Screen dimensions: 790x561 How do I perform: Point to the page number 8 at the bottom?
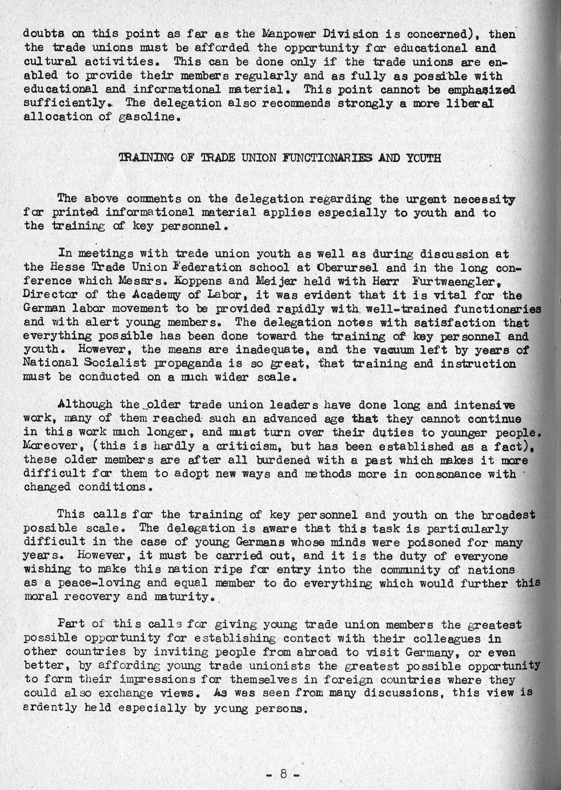tap(283, 773)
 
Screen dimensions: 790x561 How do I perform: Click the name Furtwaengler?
tap(452, 281)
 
